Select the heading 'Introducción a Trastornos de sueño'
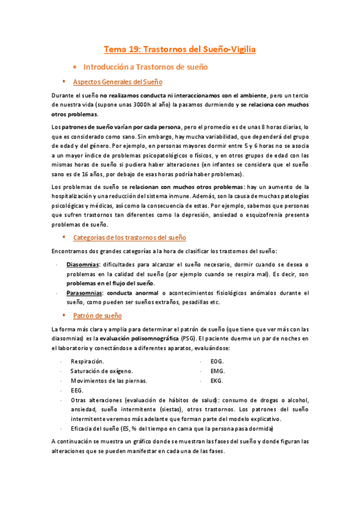[145, 67]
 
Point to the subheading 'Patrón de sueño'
[97, 315]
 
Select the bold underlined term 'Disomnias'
[83, 265]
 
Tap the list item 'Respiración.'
[87, 361]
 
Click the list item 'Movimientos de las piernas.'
[108, 381]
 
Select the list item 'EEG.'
[77, 390]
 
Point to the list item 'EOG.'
[217, 361]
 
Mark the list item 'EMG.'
[217, 371]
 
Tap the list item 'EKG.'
[217, 381]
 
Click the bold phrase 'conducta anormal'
[132, 293]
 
